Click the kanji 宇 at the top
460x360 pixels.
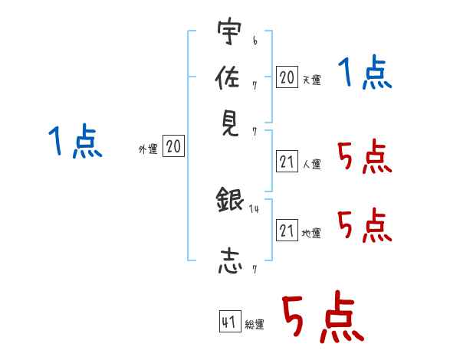(x=229, y=31)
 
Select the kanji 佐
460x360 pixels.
(x=228, y=77)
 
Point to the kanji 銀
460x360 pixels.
(x=230, y=199)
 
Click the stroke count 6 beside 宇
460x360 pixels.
(x=255, y=41)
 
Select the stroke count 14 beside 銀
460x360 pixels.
(x=254, y=209)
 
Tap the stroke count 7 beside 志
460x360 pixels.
(x=255, y=270)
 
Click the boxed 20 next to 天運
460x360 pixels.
(x=287, y=77)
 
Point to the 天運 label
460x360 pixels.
(x=312, y=80)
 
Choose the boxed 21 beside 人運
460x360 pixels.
(x=287, y=162)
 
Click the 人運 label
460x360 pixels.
(x=312, y=164)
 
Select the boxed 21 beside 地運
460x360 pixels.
(x=287, y=230)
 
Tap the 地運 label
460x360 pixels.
(x=311, y=234)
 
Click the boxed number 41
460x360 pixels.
(x=230, y=321)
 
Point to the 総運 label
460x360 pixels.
(x=255, y=325)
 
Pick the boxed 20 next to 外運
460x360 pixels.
(x=173, y=146)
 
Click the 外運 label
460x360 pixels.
(x=148, y=149)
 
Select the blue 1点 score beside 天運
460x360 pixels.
(x=365, y=72)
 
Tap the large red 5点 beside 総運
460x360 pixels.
(x=324, y=317)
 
